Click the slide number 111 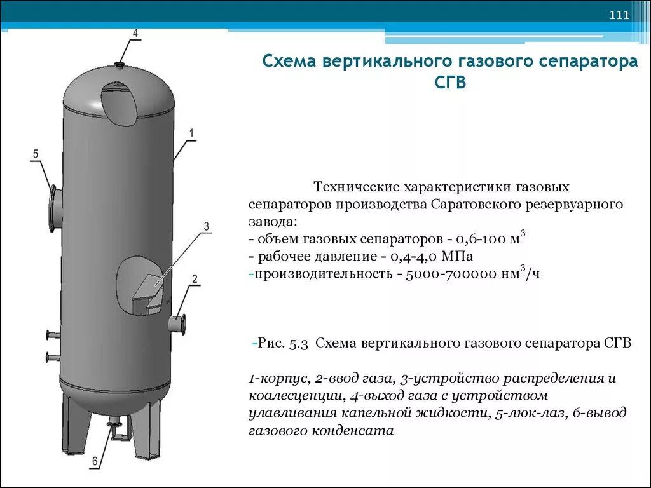pos(619,16)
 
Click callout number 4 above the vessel pos(135,32)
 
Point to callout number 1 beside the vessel pos(191,133)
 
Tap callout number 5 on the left pos(36,154)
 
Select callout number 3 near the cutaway pos(206,227)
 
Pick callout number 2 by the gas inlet pos(195,279)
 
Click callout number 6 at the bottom pos(95,462)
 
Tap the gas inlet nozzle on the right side pos(177,323)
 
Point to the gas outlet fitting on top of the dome pos(120,64)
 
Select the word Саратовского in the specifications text pos(475,206)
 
